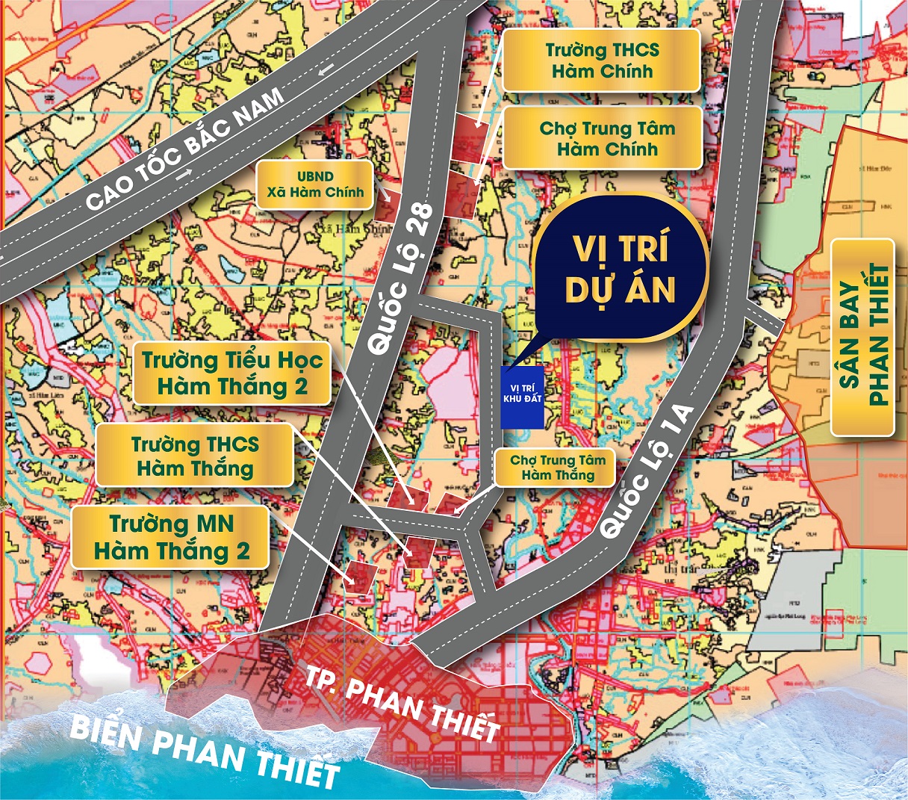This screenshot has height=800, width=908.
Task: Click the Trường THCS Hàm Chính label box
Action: tap(601, 61)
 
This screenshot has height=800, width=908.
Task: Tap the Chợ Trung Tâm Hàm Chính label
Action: tap(601, 138)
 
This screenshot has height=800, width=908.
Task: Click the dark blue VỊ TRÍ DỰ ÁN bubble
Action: tap(620, 269)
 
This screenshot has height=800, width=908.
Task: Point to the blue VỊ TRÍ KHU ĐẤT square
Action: tap(522, 397)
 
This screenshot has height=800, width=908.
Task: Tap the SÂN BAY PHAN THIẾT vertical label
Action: tap(862, 336)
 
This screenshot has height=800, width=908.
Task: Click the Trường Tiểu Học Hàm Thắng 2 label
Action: tap(232, 373)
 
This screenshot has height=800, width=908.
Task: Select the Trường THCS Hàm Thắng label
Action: tap(195, 456)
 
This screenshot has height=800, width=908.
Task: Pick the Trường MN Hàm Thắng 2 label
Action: tap(171, 538)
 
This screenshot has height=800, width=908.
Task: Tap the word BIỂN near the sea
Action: tap(112, 736)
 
